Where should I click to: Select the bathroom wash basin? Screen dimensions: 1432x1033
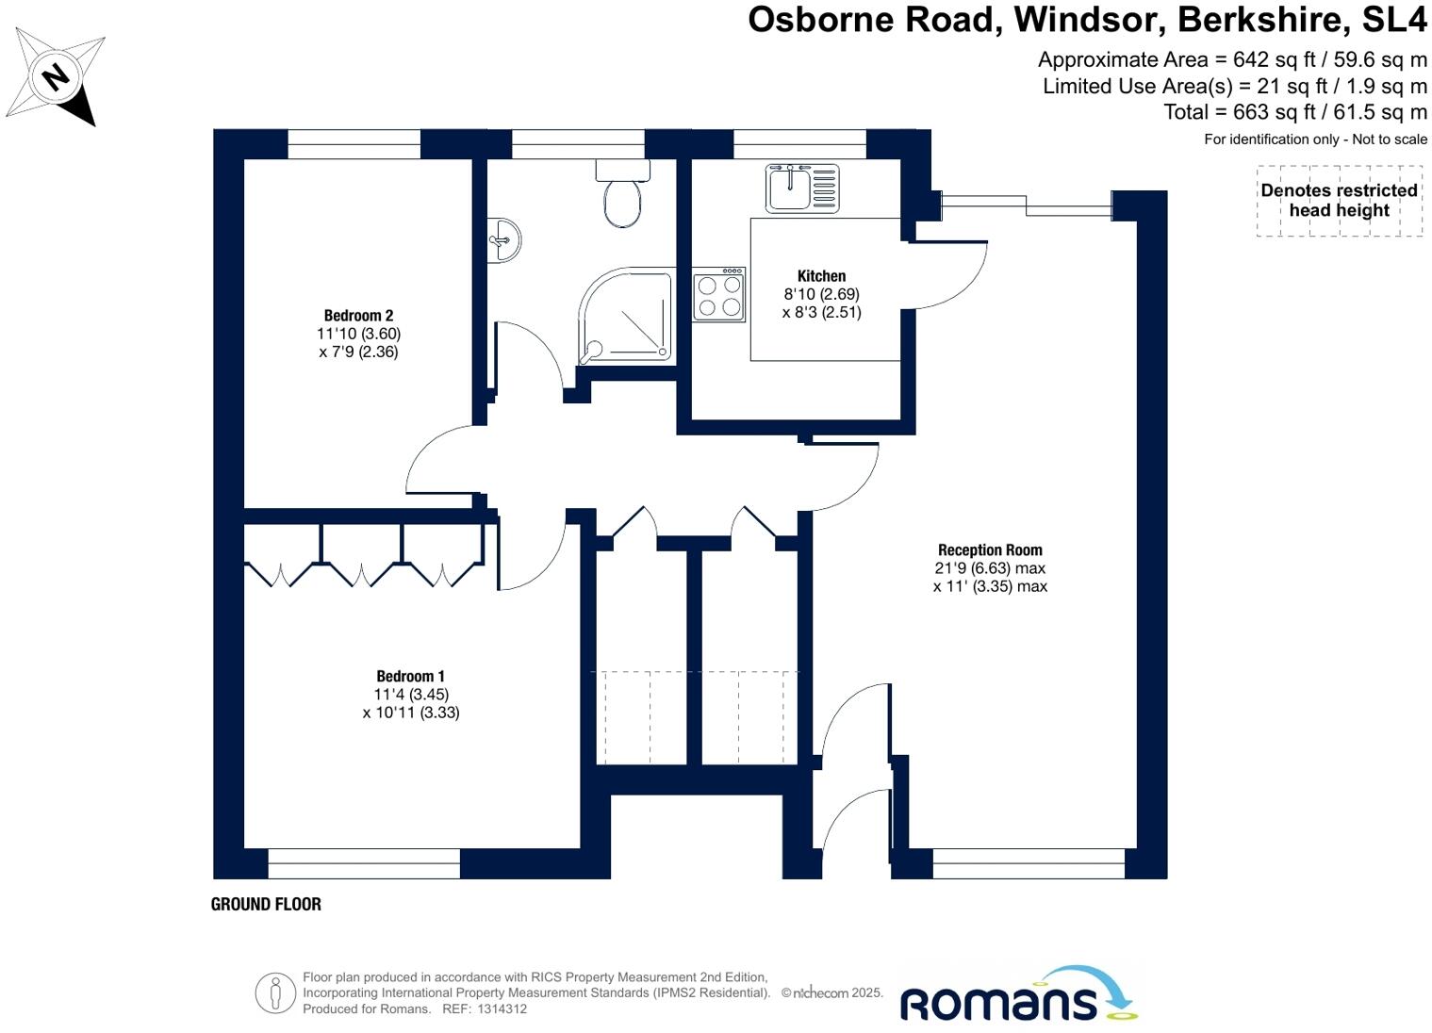[504, 240]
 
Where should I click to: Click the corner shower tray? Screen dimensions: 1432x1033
[627, 317]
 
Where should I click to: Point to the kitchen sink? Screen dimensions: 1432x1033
[802, 188]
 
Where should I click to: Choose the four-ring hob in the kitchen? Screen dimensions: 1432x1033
[719, 295]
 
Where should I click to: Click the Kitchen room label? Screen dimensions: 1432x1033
[821, 276]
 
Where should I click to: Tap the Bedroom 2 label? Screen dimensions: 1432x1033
[358, 316]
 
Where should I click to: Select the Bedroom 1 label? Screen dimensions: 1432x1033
[410, 676]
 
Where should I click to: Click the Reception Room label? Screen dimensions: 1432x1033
[990, 549]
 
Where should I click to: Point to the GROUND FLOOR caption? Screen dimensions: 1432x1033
[266, 904]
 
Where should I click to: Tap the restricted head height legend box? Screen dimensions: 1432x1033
[1339, 201]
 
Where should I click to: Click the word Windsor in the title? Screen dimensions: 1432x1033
[1089, 19]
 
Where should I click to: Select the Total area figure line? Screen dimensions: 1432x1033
[1295, 112]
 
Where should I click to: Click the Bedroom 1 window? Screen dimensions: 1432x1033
[364, 862]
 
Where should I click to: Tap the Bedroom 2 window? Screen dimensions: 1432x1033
[354, 144]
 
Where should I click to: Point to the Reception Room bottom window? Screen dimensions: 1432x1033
[1029, 862]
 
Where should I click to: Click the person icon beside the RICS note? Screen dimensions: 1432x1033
[275, 992]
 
